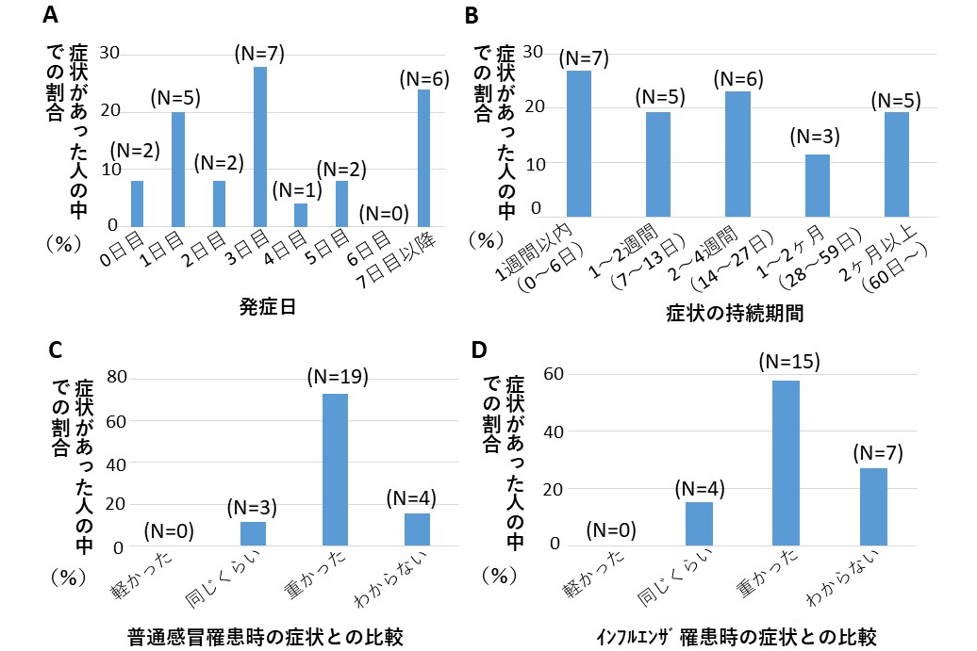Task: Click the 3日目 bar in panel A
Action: (x=259, y=147)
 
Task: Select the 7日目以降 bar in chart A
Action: (x=423, y=158)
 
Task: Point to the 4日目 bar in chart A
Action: (x=301, y=216)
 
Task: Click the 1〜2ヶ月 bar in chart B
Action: (x=817, y=187)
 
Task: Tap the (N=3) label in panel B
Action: (x=816, y=137)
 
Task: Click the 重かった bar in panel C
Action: (x=335, y=469)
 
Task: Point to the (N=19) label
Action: (x=337, y=377)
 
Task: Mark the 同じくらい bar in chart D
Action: (x=699, y=524)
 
